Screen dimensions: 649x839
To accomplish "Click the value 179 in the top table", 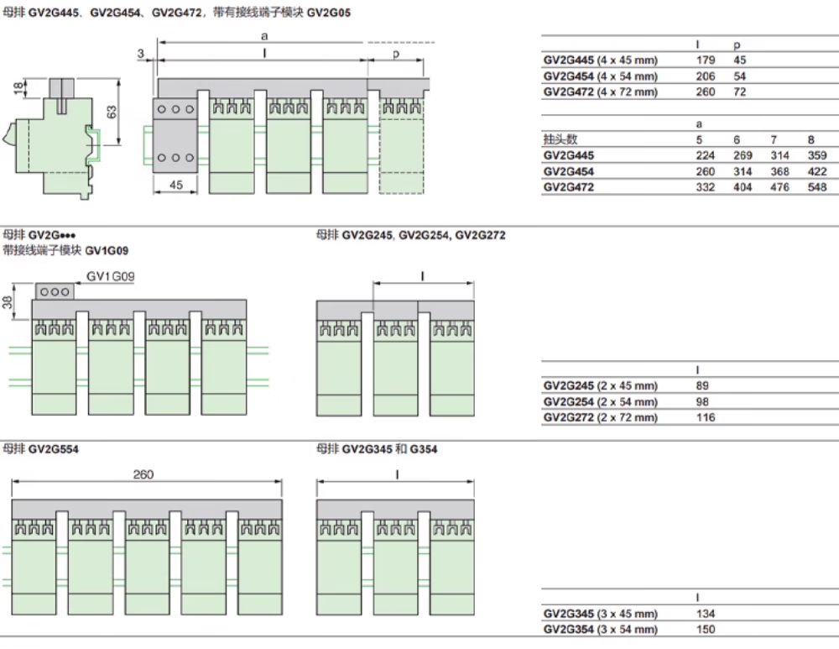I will pos(706,60).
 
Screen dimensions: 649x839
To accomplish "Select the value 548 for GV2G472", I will pos(816,187).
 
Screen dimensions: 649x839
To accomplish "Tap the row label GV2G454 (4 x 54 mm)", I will pos(600,76).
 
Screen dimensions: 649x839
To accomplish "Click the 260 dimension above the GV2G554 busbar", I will pos(143,474).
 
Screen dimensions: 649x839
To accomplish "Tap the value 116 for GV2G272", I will pos(706,417).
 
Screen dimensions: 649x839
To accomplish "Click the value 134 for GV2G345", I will pos(706,614).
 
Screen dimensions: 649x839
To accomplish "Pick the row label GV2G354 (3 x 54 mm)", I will pos(600,630).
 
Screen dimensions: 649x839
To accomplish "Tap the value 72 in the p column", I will pos(740,92).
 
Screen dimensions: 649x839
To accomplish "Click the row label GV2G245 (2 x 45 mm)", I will pos(600,385).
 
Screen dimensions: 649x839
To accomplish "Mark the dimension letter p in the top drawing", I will pos(395,53).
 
